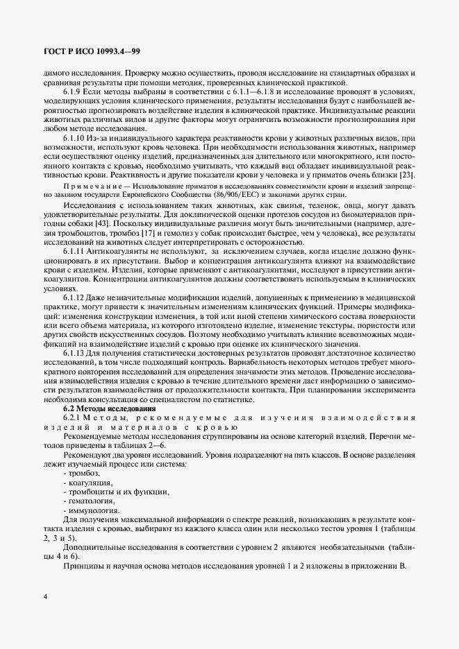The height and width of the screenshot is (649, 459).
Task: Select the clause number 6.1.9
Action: click(x=74, y=92)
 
